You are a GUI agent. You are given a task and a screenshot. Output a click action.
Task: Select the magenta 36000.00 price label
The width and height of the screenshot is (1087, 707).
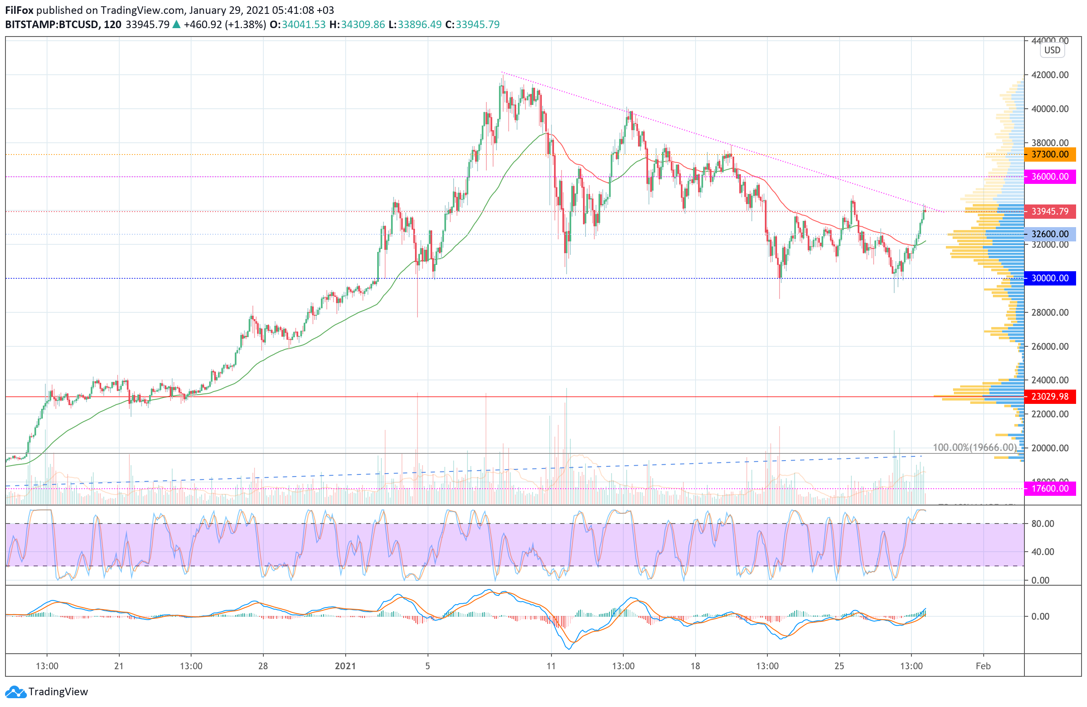1050,177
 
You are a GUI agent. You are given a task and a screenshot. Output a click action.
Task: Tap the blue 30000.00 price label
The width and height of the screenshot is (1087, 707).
1050,278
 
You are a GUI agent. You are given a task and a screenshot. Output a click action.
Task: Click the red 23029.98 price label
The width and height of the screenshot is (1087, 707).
1050,397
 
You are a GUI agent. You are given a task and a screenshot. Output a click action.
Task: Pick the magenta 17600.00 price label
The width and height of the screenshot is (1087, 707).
1050,489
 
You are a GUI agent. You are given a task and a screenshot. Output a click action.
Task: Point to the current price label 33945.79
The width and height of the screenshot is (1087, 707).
1050,212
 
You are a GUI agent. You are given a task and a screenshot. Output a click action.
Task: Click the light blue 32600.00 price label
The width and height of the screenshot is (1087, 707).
1050,234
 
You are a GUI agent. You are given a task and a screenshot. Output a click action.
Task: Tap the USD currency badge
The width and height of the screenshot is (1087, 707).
1052,50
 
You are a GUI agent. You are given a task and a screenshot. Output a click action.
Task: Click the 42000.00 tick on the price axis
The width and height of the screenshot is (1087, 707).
1050,75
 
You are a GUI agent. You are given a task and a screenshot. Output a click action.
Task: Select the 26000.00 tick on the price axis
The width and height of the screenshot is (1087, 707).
1050,346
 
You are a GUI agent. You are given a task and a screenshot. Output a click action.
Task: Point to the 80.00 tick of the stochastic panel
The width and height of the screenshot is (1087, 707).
1043,524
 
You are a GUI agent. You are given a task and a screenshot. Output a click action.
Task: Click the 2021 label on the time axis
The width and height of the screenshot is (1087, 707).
345,666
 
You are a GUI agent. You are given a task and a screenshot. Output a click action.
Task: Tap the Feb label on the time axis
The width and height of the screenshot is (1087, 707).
983,666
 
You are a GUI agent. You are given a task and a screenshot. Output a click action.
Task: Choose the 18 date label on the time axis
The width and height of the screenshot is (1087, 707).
695,666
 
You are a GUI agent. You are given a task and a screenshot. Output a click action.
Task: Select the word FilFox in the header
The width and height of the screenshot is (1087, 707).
19,10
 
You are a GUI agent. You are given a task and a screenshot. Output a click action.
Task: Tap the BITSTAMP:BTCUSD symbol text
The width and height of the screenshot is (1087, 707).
52,25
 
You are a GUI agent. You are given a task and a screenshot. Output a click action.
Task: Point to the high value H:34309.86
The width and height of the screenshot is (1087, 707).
357,25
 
